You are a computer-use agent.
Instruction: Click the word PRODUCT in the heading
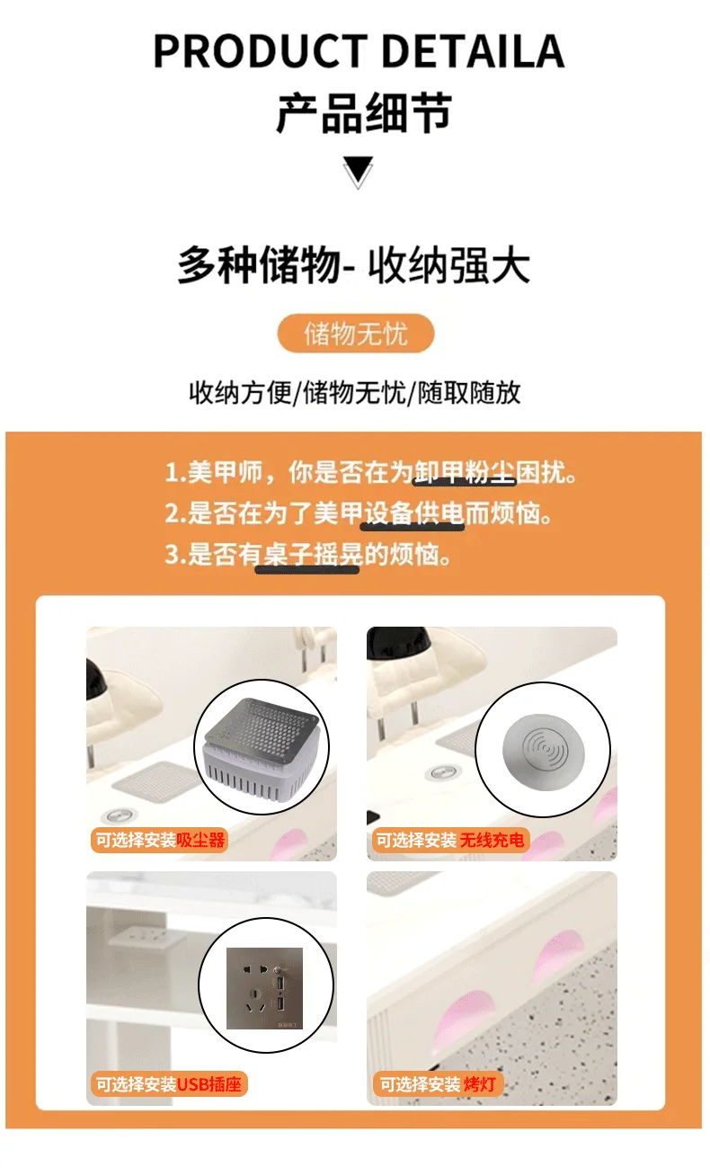[x=261, y=51]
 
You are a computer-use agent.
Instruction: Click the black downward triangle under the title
[x=359, y=171]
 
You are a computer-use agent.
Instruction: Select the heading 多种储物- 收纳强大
[x=353, y=264]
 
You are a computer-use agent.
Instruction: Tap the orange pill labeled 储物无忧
[x=355, y=334]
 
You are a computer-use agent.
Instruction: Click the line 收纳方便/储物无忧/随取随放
[x=355, y=393]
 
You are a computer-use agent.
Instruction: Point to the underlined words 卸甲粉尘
[x=465, y=471]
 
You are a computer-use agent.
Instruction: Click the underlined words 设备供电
[x=413, y=513]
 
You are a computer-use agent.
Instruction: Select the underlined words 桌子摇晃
[x=308, y=555]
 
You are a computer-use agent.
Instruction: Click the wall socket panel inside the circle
[x=264, y=988]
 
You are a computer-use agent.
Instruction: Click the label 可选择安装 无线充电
[x=450, y=841]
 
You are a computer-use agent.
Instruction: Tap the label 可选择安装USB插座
[x=168, y=1084]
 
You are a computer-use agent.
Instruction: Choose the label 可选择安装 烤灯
[x=437, y=1084]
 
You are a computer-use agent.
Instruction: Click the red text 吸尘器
[x=200, y=841]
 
